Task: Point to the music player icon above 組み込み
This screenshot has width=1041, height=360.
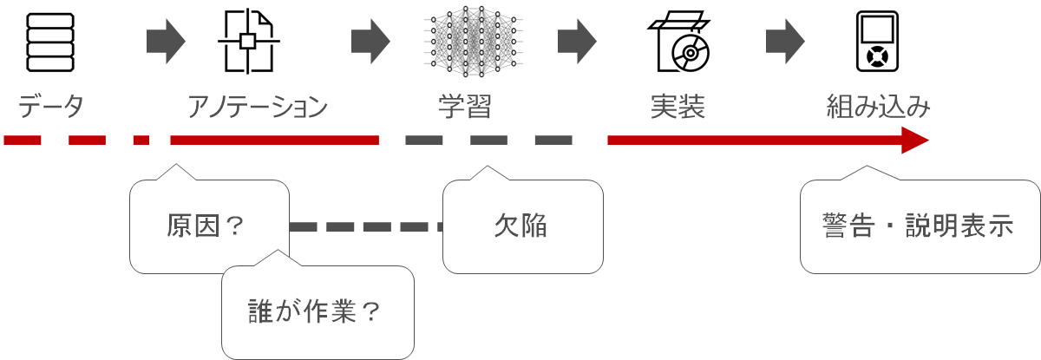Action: [x=878, y=43]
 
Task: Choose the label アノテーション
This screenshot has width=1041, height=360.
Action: [x=259, y=108]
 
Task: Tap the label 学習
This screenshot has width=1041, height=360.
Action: [x=465, y=108]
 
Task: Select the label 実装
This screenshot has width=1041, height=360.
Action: [x=677, y=108]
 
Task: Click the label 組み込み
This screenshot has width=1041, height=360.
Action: [x=878, y=108]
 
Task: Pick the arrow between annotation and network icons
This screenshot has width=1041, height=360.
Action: [x=371, y=40]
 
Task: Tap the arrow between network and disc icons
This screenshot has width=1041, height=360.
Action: [x=577, y=40]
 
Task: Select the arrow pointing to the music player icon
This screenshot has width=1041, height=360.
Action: [x=786, y=40]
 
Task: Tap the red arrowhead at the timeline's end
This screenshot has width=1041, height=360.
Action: [x=914, y=140]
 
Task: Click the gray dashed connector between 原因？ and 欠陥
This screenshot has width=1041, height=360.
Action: [x=364, y=227]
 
